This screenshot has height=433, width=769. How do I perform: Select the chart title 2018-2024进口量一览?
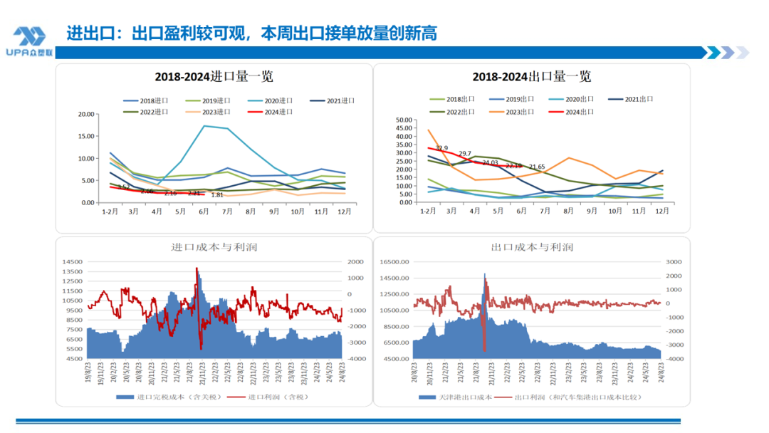(214, 77)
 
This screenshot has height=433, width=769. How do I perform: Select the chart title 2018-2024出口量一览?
(531, 77)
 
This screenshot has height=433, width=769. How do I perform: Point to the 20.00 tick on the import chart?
(86, 114)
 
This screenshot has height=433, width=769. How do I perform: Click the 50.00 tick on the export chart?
(404, 120)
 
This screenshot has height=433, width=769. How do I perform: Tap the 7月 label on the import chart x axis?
(227, 212)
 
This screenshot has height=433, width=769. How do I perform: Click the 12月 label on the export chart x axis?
(661, 211)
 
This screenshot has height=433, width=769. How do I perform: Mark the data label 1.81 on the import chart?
(217, 195)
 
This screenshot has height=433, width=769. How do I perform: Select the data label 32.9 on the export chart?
(441, 148)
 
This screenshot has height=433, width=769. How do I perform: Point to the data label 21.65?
(536, 167)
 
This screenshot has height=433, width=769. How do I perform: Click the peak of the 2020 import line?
(204, 126)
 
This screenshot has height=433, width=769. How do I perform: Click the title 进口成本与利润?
(214, 247)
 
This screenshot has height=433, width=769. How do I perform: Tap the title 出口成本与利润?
(531, 247)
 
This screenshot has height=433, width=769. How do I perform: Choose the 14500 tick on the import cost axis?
(73, 263)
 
